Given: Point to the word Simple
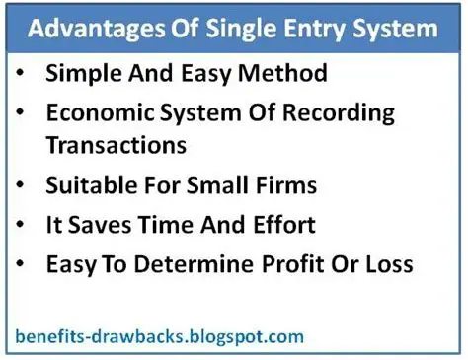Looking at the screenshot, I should [x=82, y=75].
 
